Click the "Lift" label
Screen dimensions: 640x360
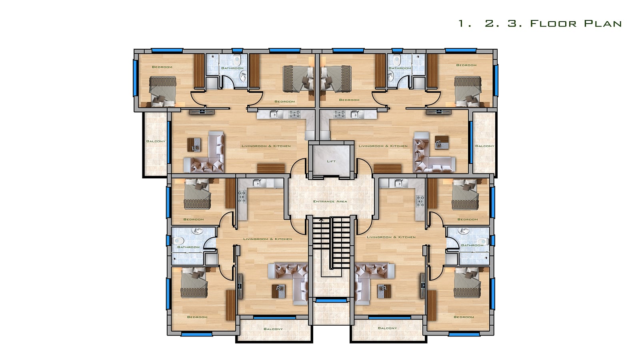(331, 162)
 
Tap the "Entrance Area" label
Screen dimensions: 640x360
(330, 202)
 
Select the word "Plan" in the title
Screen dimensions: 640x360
(603, 24)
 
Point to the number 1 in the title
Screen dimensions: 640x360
(461, 24)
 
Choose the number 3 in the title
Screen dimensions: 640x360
(512, 24)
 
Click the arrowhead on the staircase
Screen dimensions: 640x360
(322, 220)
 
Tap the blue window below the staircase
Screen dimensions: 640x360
(331, 300)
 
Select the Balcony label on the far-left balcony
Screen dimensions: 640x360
(156, 142)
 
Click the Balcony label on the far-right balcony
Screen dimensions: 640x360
(484, 146)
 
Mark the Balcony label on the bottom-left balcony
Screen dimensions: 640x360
(273, 329)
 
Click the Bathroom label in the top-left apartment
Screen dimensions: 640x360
(232, 68)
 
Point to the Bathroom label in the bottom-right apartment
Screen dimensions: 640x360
(472, 246)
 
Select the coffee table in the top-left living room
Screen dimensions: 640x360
(194, 145)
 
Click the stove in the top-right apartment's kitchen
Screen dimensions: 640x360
(340, 114)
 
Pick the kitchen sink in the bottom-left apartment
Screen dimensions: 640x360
(256, 183)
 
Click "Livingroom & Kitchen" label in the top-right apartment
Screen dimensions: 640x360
(383, 146)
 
